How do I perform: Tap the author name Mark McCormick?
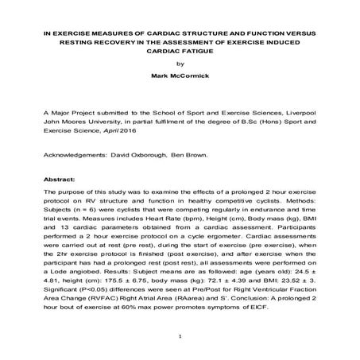[180, 79]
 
